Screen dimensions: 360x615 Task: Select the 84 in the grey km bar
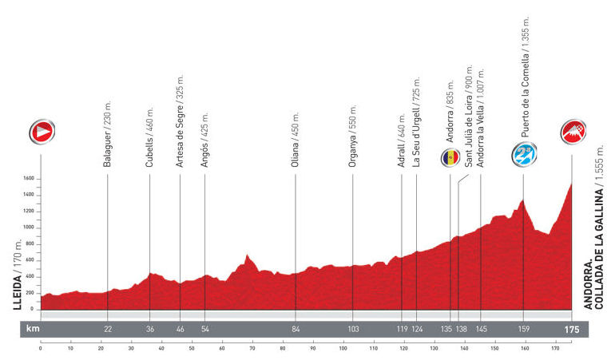point(296,329)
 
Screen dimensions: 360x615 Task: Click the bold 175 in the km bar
point(571,329)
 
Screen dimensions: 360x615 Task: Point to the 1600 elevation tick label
point(30,179)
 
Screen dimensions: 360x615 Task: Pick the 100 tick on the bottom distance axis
point(343,347)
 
